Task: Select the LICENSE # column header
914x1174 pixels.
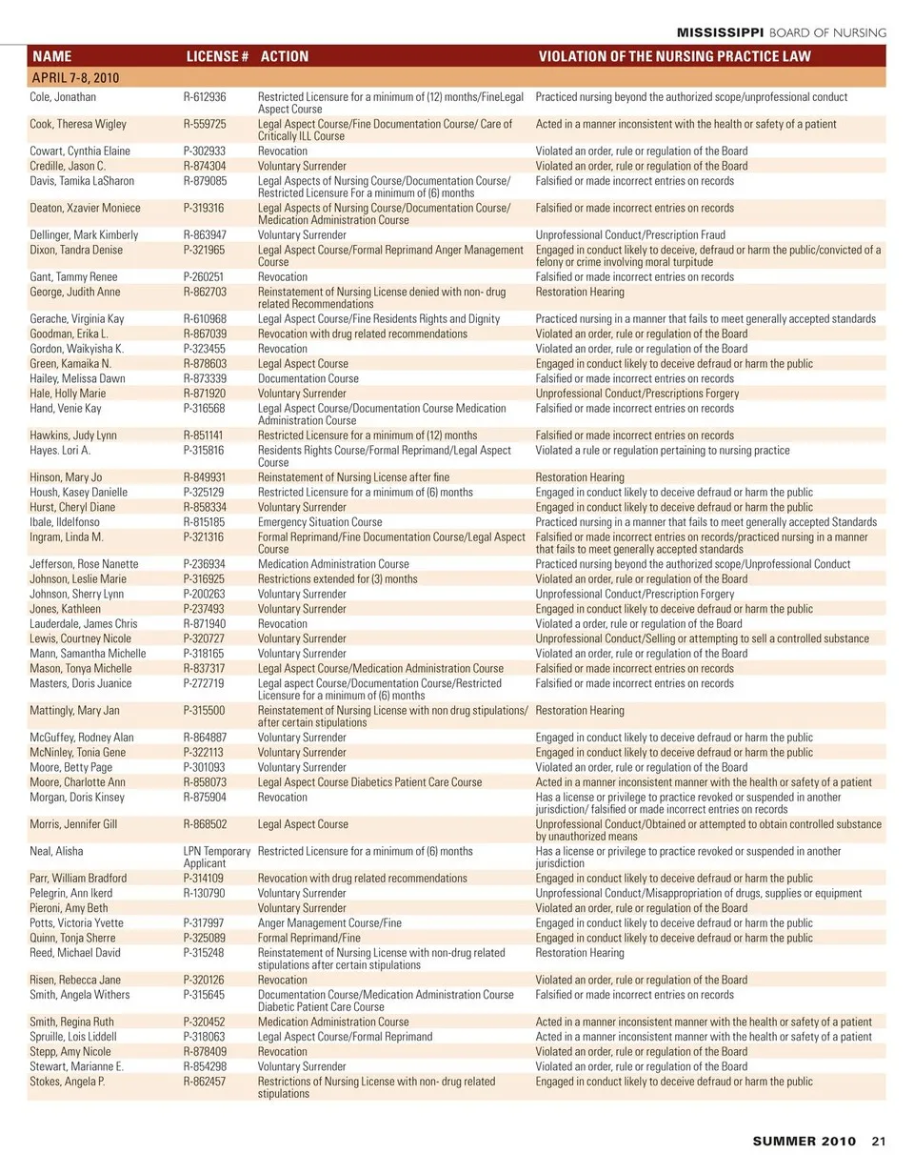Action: [217, 56]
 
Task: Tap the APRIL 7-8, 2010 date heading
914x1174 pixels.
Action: [76, 78]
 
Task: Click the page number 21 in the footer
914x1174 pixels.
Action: [879, 1141]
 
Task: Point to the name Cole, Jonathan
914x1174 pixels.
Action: [64, 97]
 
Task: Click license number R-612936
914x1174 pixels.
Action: [204, 97]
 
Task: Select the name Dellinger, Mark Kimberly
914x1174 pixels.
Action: [84, 234]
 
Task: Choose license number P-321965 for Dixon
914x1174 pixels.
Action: [204, 250]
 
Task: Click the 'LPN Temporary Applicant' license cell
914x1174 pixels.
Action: [216, 857]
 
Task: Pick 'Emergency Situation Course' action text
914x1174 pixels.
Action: [320, 522]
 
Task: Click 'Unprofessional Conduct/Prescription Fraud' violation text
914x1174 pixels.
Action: [630, 234]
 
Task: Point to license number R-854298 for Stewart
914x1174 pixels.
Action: [204, 1066]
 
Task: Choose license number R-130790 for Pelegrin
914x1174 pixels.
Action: [204, 893]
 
